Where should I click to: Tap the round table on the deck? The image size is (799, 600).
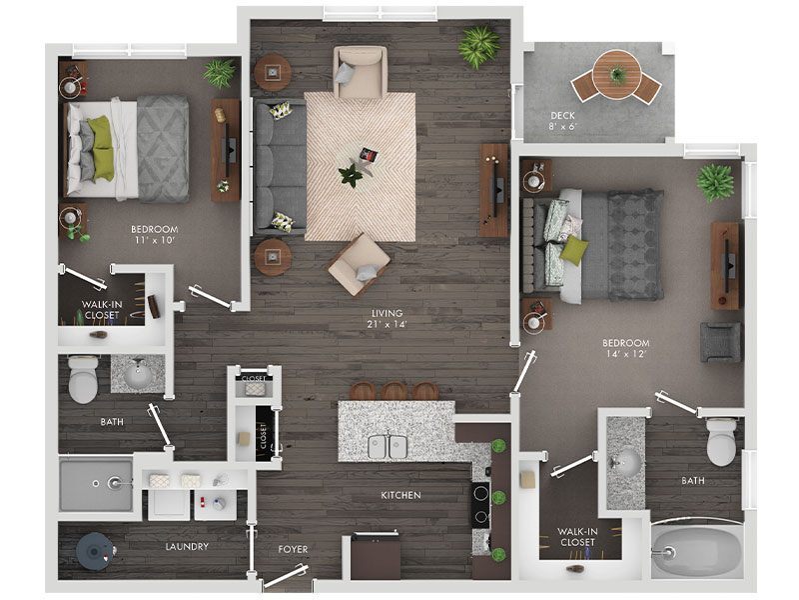(616, 74)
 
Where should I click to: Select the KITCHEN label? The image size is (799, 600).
(399, 495)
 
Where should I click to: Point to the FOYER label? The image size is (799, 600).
(293, 549)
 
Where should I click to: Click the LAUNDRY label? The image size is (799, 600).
(187, 546)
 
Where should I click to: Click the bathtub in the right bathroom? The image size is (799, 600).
(696, 551)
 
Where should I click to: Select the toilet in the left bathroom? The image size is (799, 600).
(84, 378)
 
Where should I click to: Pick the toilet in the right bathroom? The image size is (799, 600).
(721, 441)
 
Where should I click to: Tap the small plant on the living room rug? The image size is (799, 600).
(351, 176)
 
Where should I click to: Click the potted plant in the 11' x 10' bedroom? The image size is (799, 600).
(219, 73)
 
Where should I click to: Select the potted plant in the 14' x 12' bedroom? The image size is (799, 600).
(715, 182)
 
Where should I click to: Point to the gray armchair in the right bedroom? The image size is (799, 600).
(720, 341)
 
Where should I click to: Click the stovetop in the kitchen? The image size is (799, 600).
(480, 504)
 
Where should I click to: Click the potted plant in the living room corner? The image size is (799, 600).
(480, 45)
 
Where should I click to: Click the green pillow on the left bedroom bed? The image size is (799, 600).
(100, 148)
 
